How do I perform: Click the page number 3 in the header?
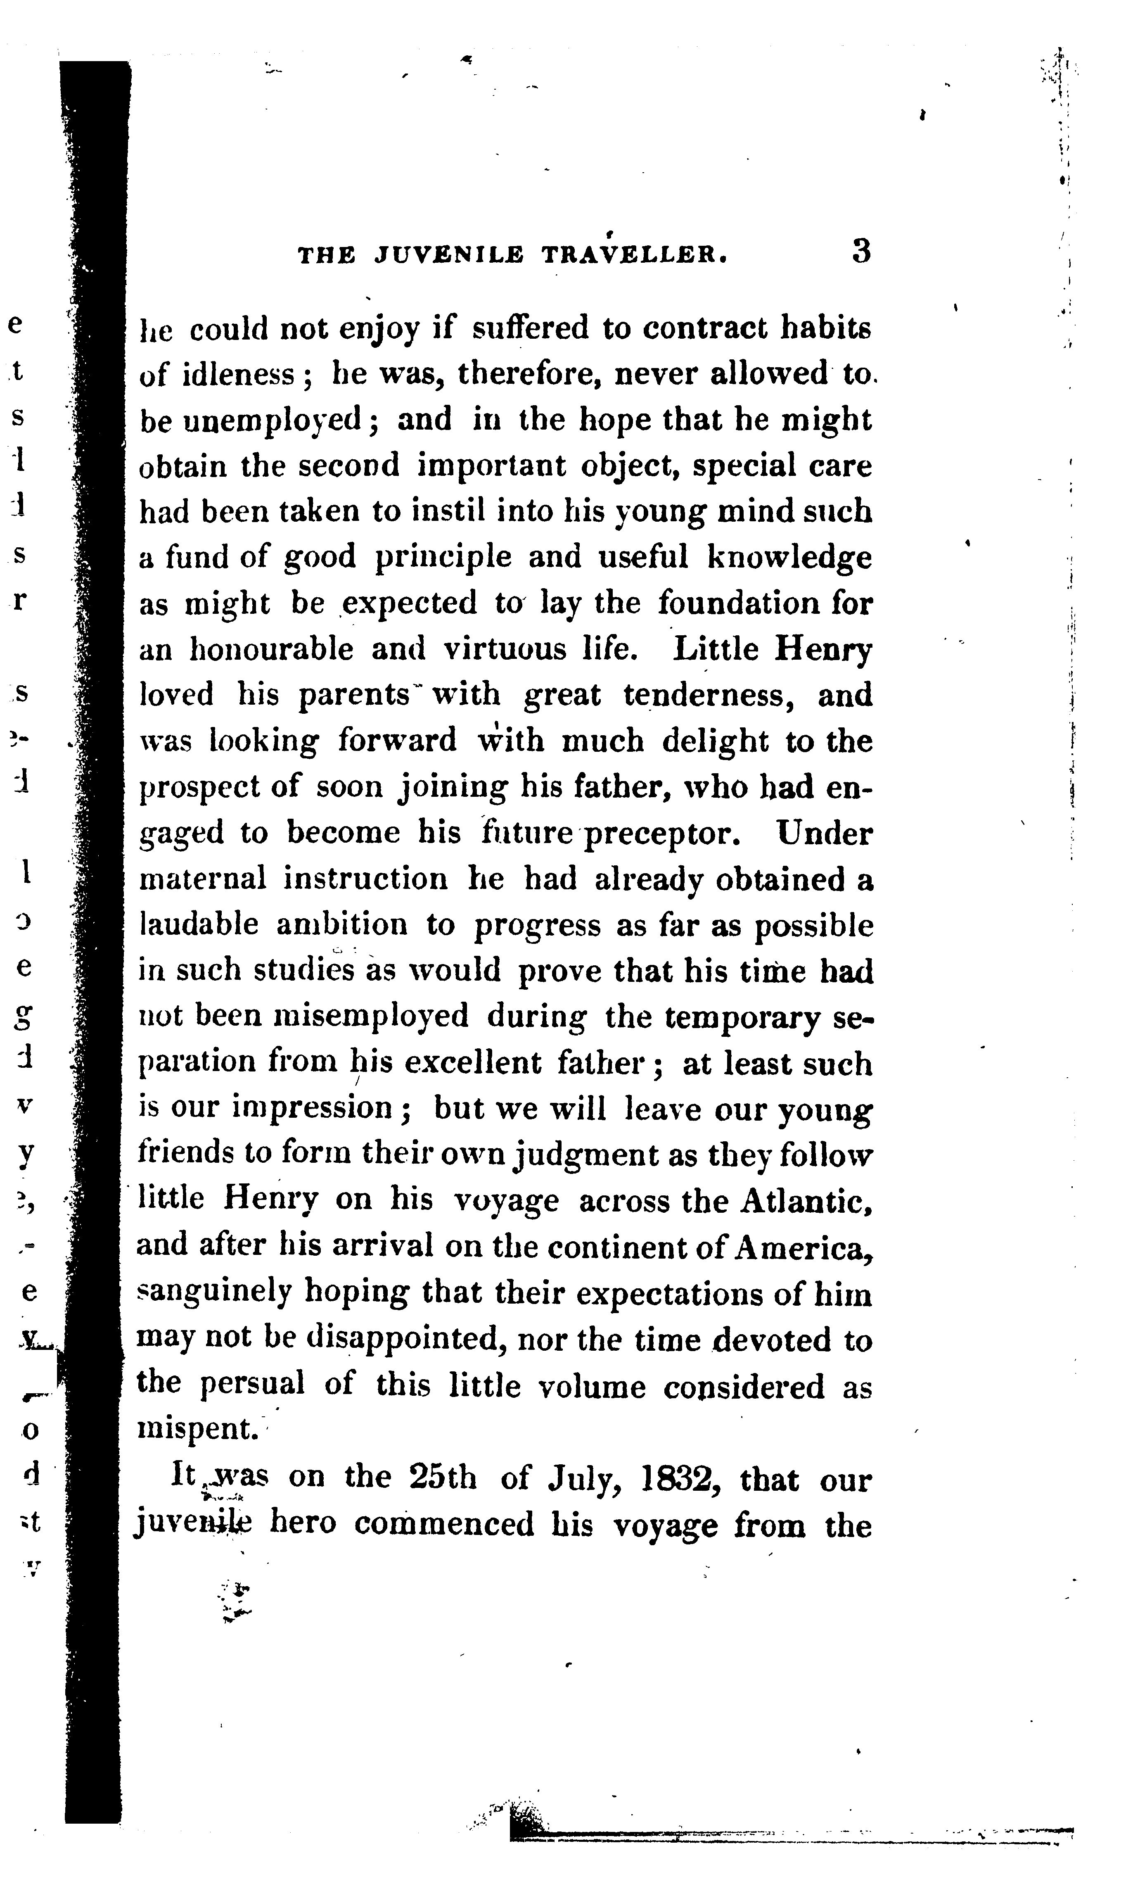(861, 252)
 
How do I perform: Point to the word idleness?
(239, 374)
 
